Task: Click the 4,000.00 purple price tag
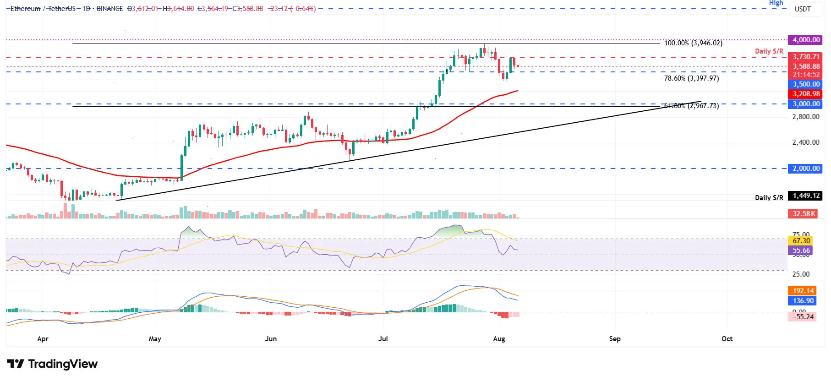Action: pyautogui.click(x=804, y=40)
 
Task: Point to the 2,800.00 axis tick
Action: pyautogui.click(x=806, y=117)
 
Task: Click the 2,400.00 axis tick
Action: pyautogui.click(x=806, y=142)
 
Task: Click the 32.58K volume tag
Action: pyautogui.click(x=804, y=214)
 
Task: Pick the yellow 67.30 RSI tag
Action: pyautogui.click(x=801, y=241)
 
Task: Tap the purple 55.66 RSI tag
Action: pyautogui.click(x=801, y=250)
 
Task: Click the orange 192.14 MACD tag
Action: pyautogui.click(x=803, y=291)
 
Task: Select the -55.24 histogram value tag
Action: pyautogui.click(x=803, y=316)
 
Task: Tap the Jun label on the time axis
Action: pyautogui.click(x=271, y=339)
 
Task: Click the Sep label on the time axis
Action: pyautogui.click(x=615, y=339)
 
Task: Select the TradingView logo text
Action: pyautogui.click(x=63, y=364)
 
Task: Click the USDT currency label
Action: pyautogui.click(x=803, y=9)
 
